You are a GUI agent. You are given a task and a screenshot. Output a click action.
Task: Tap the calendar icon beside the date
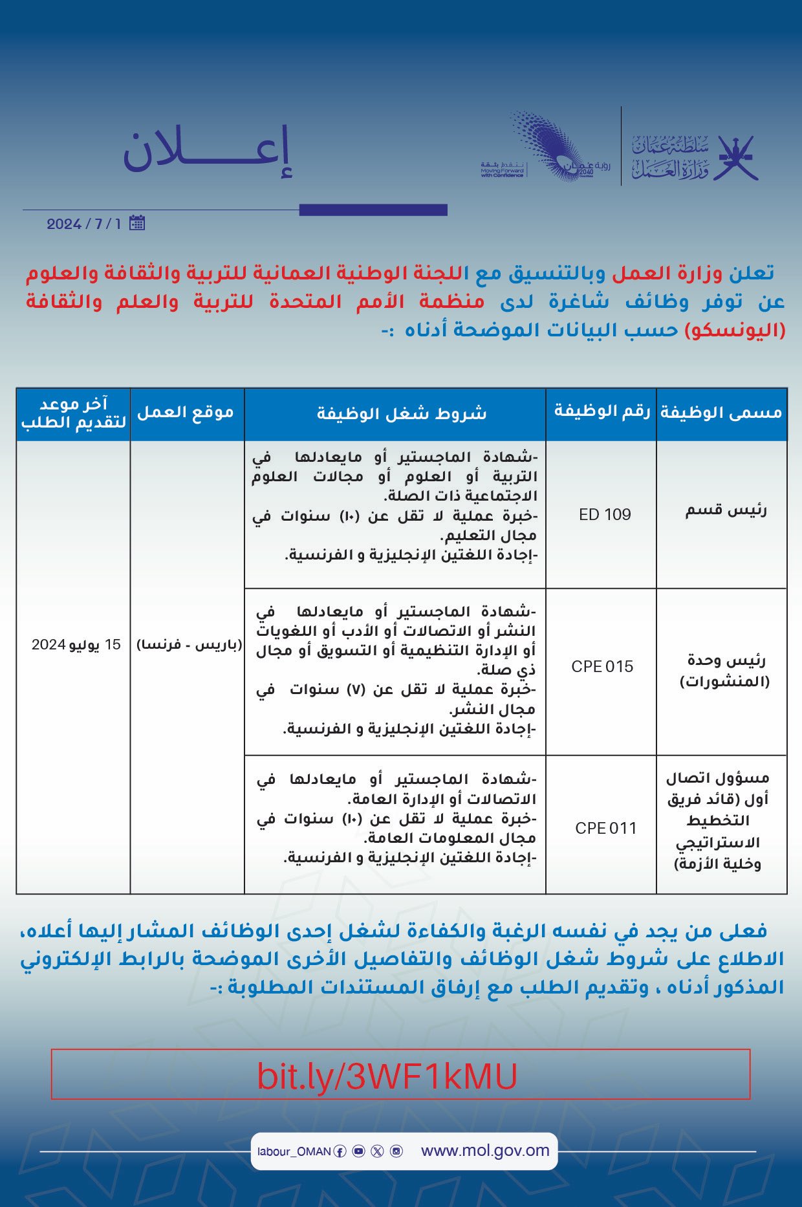pyautogui.click(x=136, y=223)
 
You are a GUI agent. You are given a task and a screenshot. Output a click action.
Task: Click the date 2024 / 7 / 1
pyautogui.click(x=83, y=224)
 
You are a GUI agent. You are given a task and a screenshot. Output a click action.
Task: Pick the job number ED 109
pyautogui.click(x=605, y=514)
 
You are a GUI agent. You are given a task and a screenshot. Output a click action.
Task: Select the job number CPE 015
pyautogui.click(x=602, y=666)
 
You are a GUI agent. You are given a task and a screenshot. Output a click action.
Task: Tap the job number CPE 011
pyautogui.click(x=605, y=828)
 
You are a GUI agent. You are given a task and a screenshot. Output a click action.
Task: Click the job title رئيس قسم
pyautogui.click(x=726, y=510)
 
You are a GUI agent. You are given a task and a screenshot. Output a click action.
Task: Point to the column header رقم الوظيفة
pyautogui.click(x=601, y=411)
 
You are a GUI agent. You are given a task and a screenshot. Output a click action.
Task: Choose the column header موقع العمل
pyautogui.click(x=186, y=412)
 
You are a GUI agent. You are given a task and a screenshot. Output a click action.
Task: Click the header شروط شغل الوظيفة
pyautogui.click(x=401, y=413)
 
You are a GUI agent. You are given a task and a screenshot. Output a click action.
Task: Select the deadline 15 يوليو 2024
pyautogui.click(x=76, y=645)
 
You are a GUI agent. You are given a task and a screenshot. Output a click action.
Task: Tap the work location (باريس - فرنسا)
pyautogui.click(x=189, y=645)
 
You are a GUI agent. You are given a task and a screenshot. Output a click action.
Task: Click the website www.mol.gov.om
pyautogui.click(x=485, y=1151)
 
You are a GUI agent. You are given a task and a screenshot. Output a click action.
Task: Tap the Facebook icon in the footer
pyautogui.click(x=340, y=1151)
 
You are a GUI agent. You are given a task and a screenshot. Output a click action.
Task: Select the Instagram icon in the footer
pyautogui.click(x=396, y=1151)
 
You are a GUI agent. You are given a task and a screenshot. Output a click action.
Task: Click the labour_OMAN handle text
pyautogui.click(x=294, y=1151)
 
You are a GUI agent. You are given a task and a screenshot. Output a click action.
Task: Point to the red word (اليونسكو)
pyautogui.click(x=735, y=330)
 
